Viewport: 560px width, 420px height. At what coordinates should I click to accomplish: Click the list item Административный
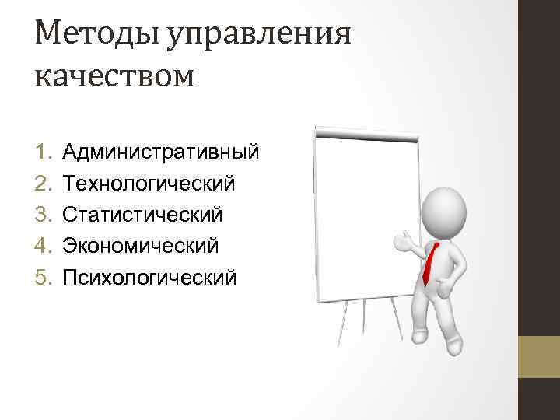[x=160, y=150]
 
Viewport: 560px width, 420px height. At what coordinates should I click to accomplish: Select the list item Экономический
[x=141, y=246]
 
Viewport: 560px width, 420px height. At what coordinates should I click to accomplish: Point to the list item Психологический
[x=149, y=278]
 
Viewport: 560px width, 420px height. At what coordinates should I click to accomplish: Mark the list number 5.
[x=44, y=278]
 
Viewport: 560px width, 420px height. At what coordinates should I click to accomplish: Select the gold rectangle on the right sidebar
[x=541, y=356]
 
